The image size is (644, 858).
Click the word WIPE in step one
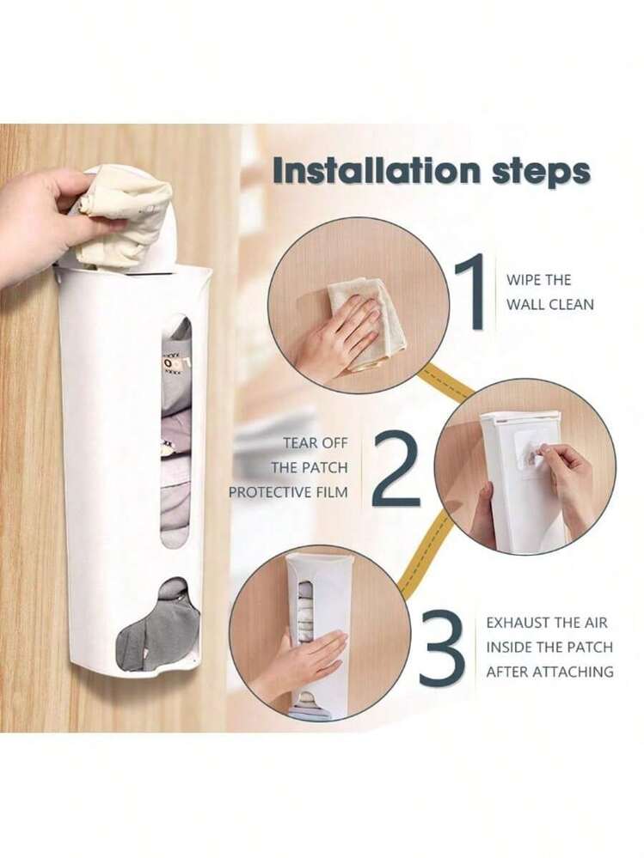(x=523, y=280)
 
